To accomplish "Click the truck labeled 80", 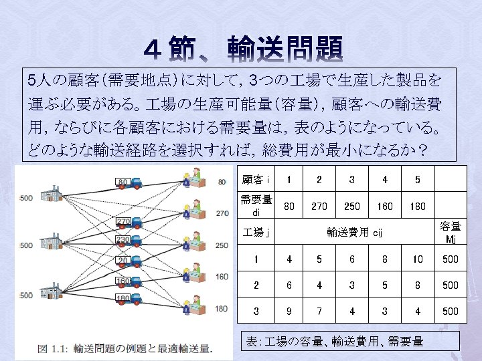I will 131,181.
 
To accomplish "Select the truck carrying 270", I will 131,221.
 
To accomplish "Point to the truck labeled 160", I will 131,281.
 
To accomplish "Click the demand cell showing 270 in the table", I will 319,207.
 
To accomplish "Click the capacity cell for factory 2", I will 450,285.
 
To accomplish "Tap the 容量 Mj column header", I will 450,233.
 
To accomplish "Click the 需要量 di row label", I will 256,206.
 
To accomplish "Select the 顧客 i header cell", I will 256,180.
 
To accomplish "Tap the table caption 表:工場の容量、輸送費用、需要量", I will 335,342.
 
